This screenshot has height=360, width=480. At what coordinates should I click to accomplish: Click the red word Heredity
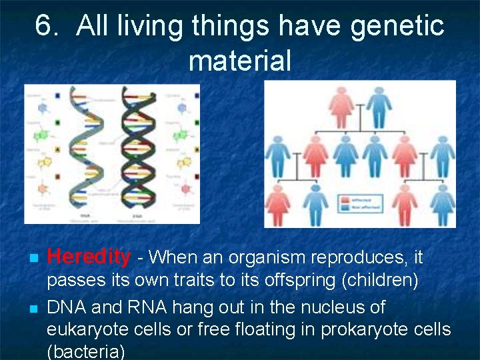89,256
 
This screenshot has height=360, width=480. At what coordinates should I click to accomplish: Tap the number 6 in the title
44,27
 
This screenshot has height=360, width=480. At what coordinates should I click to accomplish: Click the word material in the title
240,61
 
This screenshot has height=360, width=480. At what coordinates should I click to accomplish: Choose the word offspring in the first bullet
299,280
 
